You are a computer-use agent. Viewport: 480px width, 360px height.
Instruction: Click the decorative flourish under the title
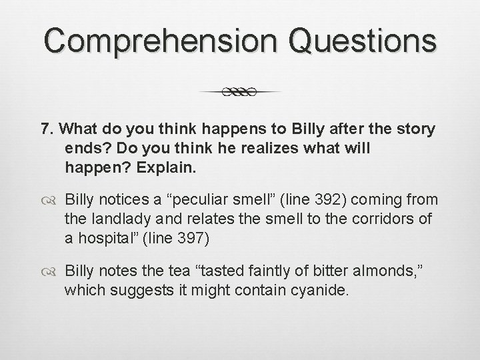click(x=240, y=92)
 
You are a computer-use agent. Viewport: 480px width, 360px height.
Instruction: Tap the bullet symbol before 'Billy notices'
click(x=53, y=199)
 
